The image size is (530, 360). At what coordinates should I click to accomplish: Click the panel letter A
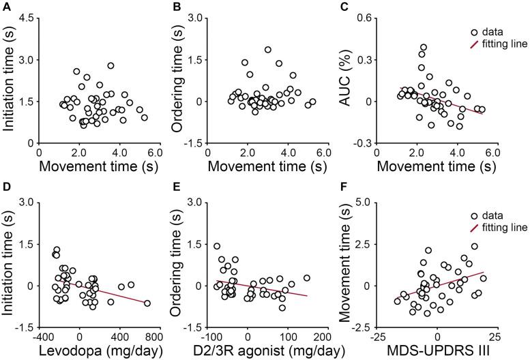pos(6,7)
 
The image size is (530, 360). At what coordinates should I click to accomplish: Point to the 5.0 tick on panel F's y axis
pos(385,202)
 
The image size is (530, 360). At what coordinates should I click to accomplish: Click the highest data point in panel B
pos(268,50)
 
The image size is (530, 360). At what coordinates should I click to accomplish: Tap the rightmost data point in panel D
pos(147,303)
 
